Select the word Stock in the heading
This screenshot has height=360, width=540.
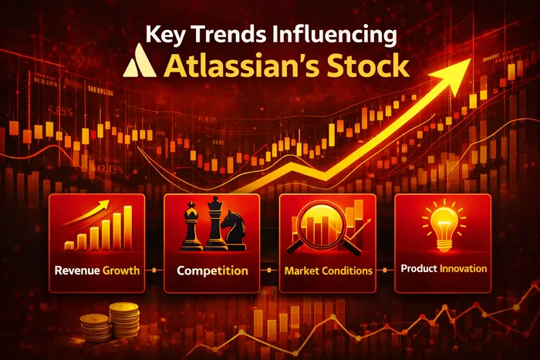[366, 66]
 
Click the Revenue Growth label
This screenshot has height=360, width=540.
[96, 271]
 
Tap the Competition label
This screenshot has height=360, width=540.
[212, 271]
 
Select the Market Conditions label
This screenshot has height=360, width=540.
[328, 271]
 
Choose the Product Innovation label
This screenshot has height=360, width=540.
[444, 269]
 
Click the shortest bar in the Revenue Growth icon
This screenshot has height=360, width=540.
[69, 244]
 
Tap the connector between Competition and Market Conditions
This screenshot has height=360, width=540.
[270, 271]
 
